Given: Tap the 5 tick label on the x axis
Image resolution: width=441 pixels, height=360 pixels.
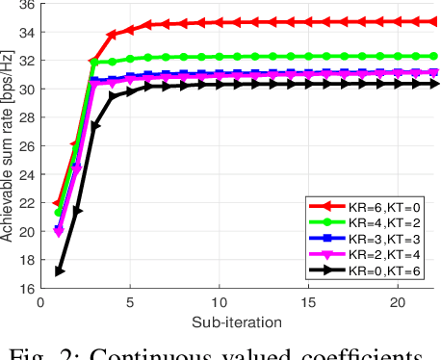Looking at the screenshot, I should click(130, 301).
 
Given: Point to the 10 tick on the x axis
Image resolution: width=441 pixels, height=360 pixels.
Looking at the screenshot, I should click(220, 301).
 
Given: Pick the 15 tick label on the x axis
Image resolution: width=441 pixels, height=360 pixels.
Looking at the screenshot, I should click(310, 301).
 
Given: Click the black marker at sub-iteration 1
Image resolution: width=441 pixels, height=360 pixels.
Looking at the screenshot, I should click(59, 271).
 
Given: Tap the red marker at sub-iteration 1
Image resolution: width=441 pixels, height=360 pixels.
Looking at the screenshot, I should click(59, 203).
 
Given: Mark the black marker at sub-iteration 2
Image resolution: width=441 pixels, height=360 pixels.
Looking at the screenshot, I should click(77, 211).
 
